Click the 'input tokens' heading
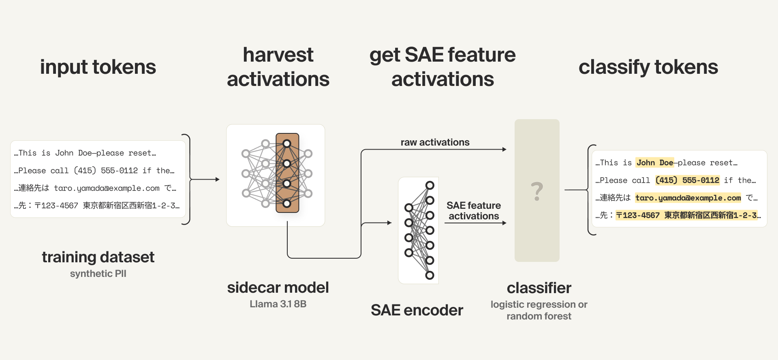98,67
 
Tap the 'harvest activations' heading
278,67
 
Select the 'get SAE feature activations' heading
442,67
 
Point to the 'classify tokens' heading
648,67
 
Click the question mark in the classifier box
537,191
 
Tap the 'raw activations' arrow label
435,142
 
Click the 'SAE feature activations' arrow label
474,211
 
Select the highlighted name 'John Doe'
654,163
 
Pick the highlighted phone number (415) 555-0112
687,180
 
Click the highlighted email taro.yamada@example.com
688,198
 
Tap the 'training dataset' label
98,257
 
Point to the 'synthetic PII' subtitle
98,274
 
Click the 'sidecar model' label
278,287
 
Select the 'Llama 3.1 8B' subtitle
278,304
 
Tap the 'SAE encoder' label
417,310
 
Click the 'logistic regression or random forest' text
539,310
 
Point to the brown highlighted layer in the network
287,173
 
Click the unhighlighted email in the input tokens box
107,188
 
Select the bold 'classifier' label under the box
539,288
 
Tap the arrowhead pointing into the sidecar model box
218,179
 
